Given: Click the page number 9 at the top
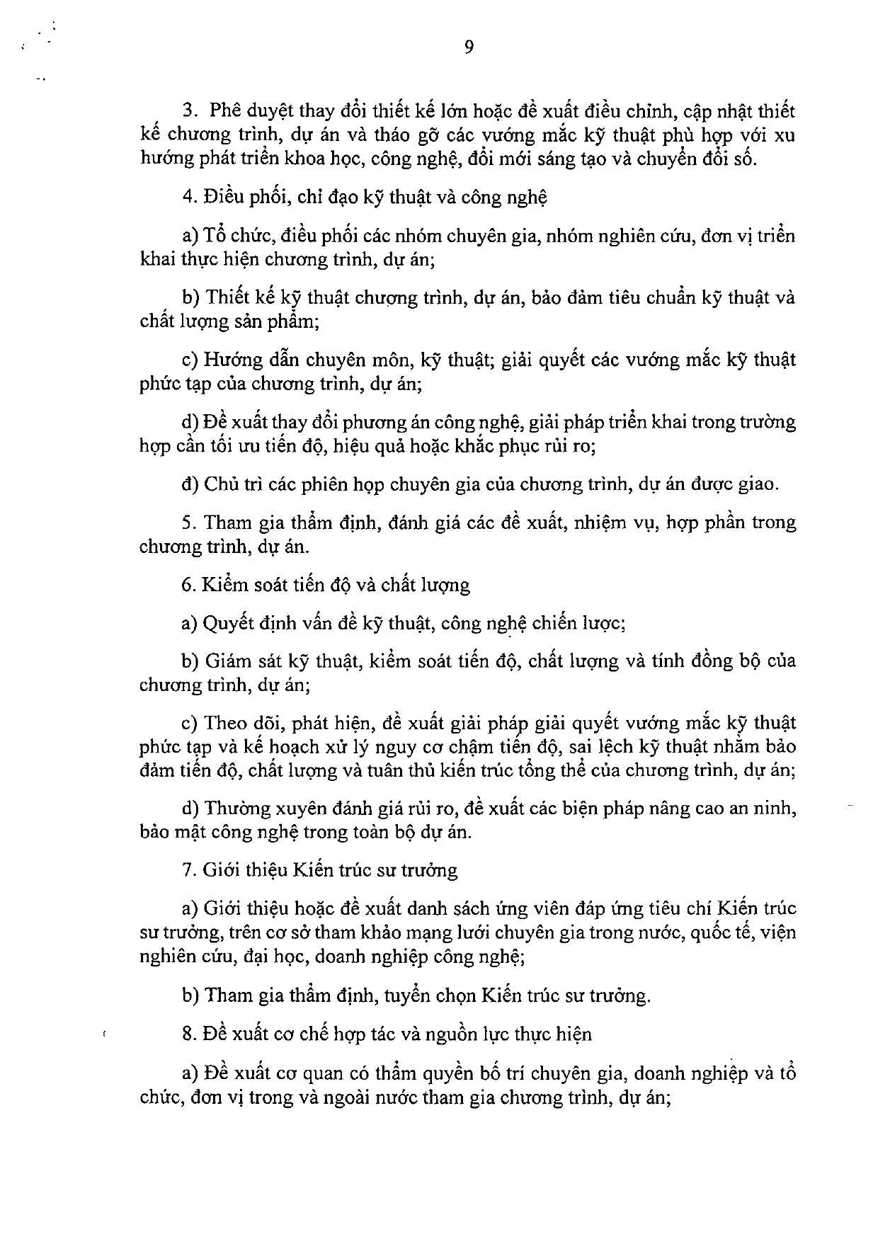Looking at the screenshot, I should click(469, 47).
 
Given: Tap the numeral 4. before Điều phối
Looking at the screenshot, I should click(188, 197).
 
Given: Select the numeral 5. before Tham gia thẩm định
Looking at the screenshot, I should click(188, 523).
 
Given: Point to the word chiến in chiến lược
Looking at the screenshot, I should click(554, 624).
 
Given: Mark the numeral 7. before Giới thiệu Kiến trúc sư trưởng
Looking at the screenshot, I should click(188, 870).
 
